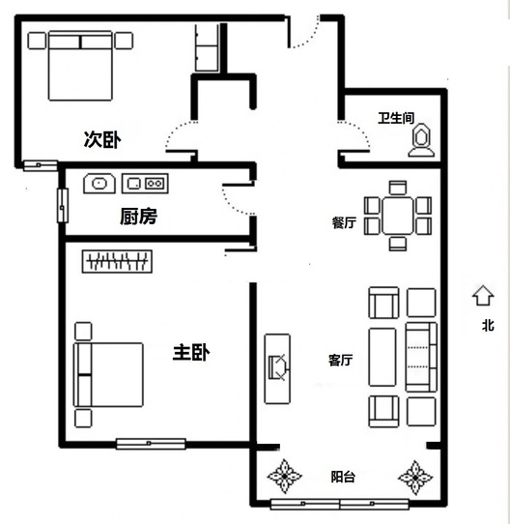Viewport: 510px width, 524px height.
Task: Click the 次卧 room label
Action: tap(102, 139)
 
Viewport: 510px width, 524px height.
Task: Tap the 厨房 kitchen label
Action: tap(138, 217)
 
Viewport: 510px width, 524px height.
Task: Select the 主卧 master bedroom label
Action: tap(191, 353)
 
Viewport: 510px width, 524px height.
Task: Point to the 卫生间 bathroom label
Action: tap(396, 118)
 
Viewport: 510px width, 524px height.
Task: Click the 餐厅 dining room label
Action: tap(344, 222)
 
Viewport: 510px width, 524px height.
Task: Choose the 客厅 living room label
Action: tap(341, 360)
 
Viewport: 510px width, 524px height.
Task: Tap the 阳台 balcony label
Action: tap(343, 477)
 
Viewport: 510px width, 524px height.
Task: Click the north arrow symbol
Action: tap(483, 296)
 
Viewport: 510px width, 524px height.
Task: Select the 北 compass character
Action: tap(488, 325)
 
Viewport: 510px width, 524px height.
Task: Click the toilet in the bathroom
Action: tap(421, 140)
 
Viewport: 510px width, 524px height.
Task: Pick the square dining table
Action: tap(398, 216)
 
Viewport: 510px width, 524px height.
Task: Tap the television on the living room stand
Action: tap(278, 367)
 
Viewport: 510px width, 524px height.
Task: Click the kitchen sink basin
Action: tap(99, 184)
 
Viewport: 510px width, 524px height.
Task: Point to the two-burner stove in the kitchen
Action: tap(145, 184)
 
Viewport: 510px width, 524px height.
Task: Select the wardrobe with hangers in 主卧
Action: tap(117, 261)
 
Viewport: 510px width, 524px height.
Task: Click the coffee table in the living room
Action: tap(382, 357)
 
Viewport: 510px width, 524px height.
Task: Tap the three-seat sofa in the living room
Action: tap(421, 357)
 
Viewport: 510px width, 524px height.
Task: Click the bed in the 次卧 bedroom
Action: tap(80, 66)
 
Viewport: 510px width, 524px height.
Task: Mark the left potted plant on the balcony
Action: tap(285, 476)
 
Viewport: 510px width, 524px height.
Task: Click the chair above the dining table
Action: tap(398, 188)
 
